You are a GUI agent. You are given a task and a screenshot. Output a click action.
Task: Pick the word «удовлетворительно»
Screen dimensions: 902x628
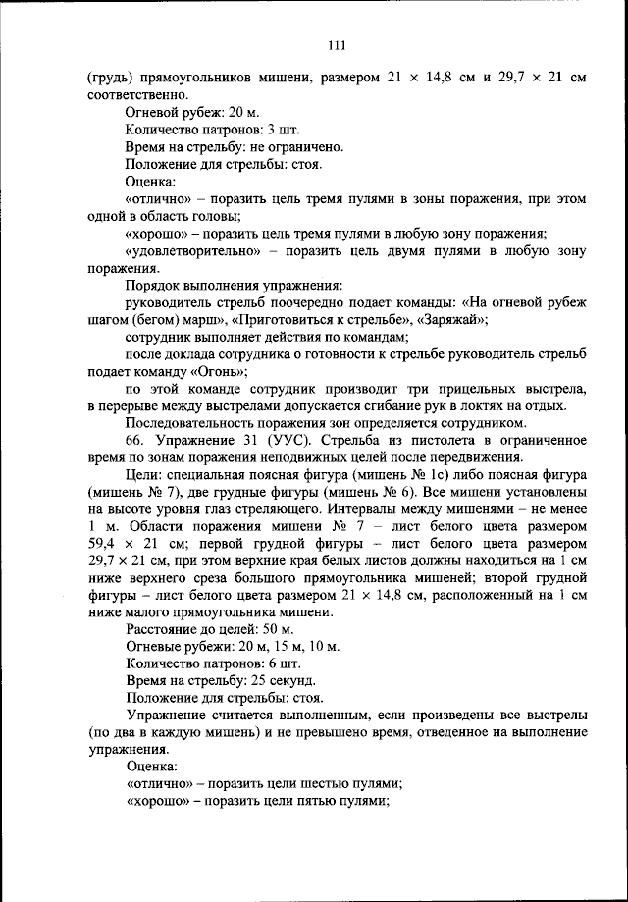(192, 252)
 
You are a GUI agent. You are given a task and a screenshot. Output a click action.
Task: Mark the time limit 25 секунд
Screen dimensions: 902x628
(285, 680)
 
